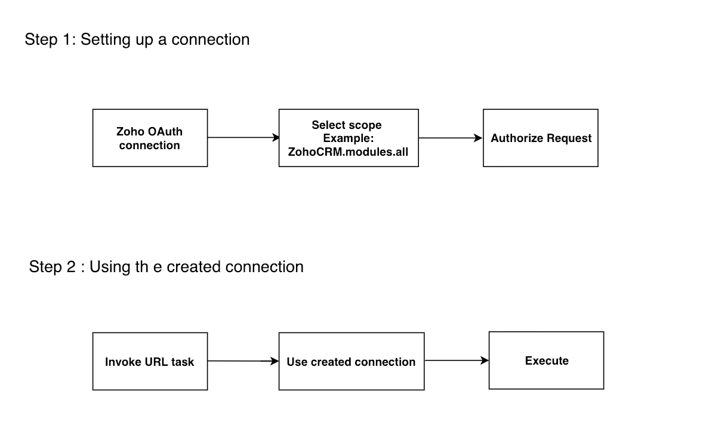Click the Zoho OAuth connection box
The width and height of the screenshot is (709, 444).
point(150,138)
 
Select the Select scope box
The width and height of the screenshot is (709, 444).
point(349,138)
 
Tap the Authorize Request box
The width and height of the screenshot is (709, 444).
point(540,138)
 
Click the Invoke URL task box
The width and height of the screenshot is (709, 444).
point(150,361)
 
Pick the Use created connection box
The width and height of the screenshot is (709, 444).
point(351,361)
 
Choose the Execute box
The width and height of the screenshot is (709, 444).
point(546,360)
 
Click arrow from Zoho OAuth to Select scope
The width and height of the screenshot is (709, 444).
point(243,137)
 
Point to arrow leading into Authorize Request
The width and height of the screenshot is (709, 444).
point(450,138)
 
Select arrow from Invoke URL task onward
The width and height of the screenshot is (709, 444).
point(243,361)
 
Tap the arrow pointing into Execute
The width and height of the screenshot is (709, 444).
point(456,360)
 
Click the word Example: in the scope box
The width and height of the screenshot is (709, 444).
point(348,138)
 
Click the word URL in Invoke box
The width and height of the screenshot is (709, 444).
point(156,362)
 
